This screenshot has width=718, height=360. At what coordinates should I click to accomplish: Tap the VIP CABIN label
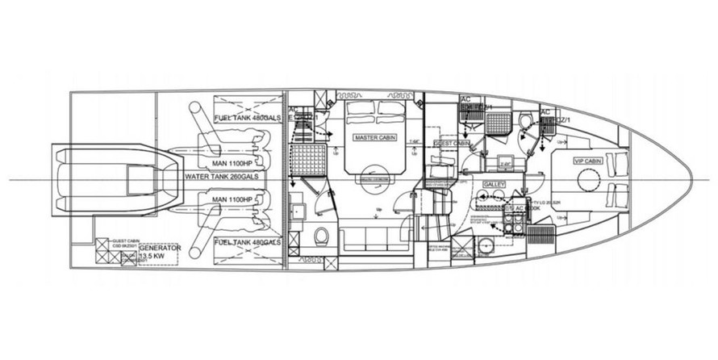[x=588, y=161]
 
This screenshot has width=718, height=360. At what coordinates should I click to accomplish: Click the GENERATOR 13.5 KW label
[x=160, y=252]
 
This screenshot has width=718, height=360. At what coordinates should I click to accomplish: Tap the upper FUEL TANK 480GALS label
[x=247, y=119]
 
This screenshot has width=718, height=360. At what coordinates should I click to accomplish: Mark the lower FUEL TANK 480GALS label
[x=247, y=242]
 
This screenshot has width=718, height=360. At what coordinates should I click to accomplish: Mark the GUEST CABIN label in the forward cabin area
[x=452, y=144]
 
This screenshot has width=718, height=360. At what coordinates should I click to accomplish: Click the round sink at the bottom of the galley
[x=486, y=246]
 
